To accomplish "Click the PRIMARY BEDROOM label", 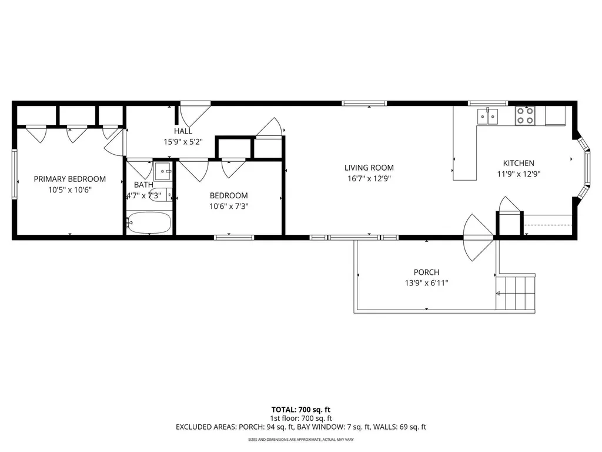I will click(69, 179).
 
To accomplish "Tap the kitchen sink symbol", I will click(487, 117).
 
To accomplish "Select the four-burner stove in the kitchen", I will click(524, 116).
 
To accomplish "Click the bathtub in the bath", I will click(149, 223).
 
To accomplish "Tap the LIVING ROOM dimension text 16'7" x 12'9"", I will click(369, 178).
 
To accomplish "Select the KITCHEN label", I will click(518, 163).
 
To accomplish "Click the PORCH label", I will click(426, 272).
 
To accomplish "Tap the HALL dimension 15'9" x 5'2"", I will click(183, 142).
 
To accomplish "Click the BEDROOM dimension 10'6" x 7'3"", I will click(229, 206).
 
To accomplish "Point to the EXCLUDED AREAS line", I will click(300, 427).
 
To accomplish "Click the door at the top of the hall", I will click(195, 112).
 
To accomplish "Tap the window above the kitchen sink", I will click(487, 104).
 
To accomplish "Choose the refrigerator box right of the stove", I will click(555, 115).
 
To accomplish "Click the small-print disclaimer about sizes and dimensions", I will click(300, 440).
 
